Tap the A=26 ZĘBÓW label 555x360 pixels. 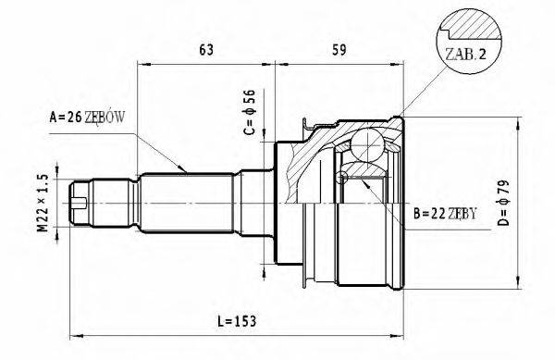click(92, 118)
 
